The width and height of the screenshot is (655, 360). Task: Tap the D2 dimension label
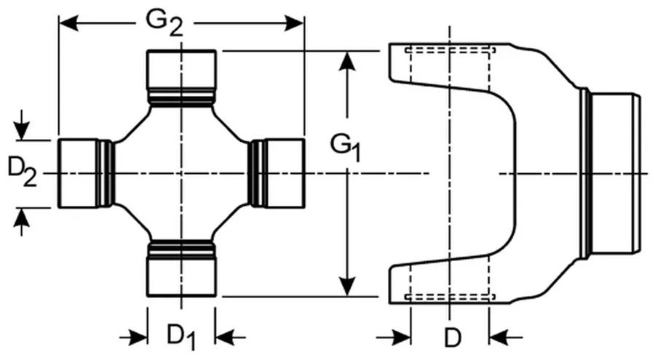coord(22,172)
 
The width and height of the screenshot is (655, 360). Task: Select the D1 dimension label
coord(181,336)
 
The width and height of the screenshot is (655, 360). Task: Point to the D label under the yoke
coord(453,337)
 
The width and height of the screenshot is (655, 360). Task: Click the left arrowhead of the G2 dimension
coord(68,23)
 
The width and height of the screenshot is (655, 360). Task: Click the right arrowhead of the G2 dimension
coord(295,23)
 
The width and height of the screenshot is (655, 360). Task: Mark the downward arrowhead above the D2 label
coord(22,130)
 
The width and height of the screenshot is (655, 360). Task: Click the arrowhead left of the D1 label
coord(138,337)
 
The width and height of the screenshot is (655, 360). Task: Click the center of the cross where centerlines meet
coord(181,173)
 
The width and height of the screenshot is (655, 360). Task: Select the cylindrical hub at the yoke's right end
coord(614,173)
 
